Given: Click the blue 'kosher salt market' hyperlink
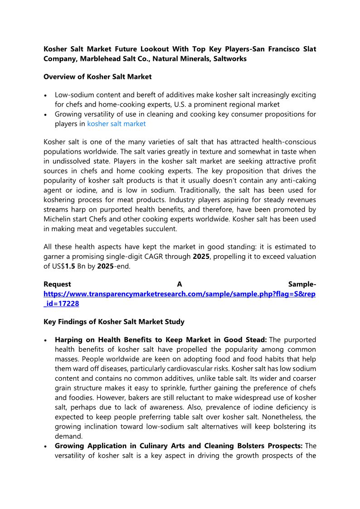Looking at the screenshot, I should [x=117, y=123].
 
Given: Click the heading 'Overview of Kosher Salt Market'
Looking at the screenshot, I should [x=97, y=77].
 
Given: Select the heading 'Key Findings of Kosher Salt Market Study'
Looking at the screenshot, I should [x=114, y=322].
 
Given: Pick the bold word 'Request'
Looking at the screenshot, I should [x=57, y=284].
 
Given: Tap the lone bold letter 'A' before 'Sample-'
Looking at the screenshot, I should [x=180, y=284].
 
